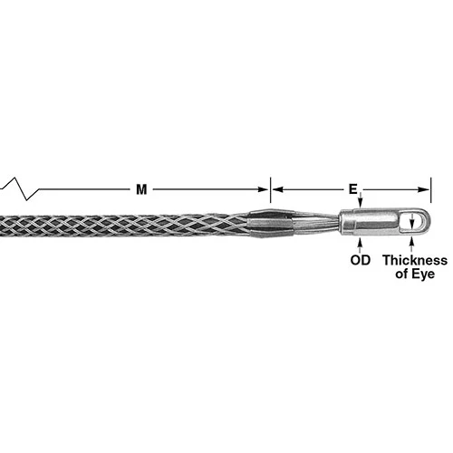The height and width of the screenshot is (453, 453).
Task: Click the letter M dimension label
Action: pyautogui.click(x=141, y=189)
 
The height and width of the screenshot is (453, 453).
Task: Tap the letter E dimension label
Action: pyautogui.click(x=352, y=189)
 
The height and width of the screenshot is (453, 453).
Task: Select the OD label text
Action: pyautogui.click(x=361, y=260)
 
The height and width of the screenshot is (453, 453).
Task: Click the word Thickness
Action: pyautogui.click(x=415, y=260)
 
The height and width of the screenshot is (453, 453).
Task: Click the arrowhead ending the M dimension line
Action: pyautogui.click(x=264, y=189)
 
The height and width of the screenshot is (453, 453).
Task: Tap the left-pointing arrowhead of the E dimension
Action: pyautogui.click(x=277, y=189)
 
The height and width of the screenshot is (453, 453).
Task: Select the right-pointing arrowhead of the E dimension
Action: pyautogui.click(x=424, y=189)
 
